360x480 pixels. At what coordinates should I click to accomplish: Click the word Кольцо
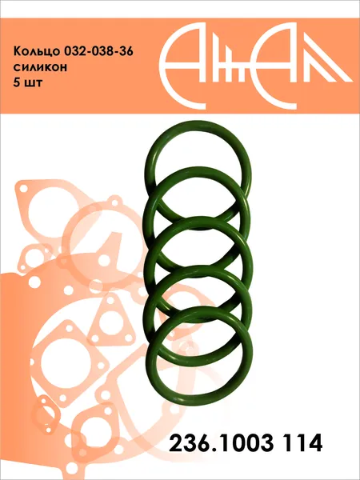point(37,51)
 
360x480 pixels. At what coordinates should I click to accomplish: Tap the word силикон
point(40,67)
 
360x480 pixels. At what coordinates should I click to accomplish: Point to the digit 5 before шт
point(16,82)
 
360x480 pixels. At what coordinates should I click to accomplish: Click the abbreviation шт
point(33,83)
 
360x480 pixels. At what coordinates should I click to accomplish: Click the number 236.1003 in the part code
point(221,442)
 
